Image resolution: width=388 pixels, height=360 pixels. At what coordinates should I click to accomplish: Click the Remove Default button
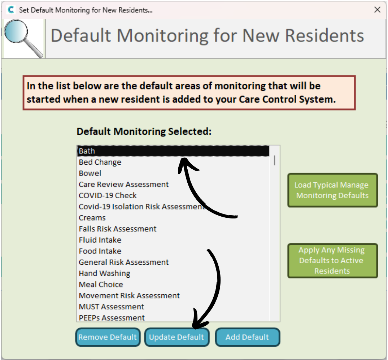[108, 337]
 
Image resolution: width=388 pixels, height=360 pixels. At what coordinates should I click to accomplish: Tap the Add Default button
[247, 337]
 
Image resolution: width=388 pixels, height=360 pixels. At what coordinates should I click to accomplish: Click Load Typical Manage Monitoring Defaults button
[332, 190]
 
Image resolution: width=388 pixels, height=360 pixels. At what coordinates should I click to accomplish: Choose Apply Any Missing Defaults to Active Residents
[332, 260]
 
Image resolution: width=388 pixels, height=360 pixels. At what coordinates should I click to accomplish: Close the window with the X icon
[378, 10]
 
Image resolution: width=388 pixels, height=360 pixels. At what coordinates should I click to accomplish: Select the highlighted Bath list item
[173, 151]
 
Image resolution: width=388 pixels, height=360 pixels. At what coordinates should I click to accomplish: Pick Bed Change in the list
[100, 162]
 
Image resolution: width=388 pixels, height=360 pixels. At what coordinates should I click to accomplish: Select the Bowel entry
[90, 173]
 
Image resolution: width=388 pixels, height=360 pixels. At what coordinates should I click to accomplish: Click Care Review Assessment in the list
[124, 185]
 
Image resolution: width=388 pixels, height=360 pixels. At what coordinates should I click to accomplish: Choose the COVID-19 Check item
[108, 196]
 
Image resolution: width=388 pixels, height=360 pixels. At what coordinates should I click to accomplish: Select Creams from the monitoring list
[92, 218]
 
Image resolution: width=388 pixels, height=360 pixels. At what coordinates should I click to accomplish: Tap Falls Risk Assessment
[118, 229]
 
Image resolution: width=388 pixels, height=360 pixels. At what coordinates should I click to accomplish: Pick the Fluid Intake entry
[100, 240]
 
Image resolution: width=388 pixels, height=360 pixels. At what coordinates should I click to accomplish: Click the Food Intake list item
[100, 251]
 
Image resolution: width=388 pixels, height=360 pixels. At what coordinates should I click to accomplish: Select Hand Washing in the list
[104, 273]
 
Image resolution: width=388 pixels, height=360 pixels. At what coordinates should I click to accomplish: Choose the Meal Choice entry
[101, 285]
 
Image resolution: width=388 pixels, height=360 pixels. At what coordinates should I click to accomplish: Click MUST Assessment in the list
[112, 307]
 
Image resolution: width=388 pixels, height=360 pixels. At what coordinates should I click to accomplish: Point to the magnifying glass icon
[23, 38]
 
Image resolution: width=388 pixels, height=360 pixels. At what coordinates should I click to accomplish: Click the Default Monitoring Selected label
[144, 131]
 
